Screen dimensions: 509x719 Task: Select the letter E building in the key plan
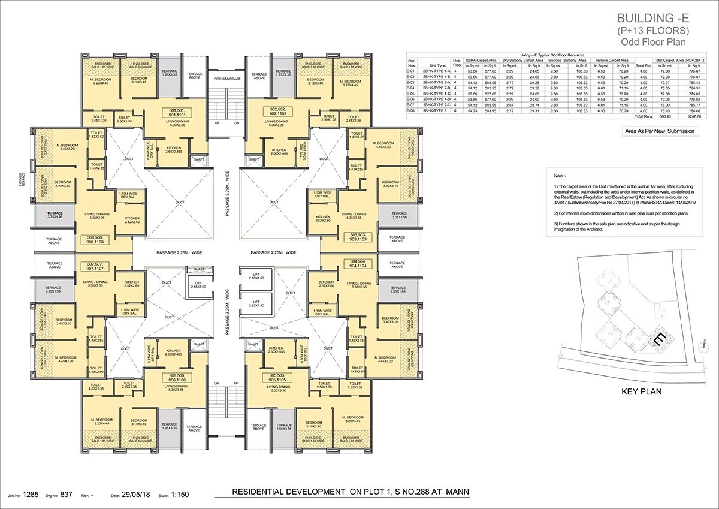(659, 338)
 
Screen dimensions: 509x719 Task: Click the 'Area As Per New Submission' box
(660, 131)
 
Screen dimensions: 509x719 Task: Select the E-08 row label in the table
(411, 111)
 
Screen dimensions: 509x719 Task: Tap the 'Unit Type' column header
(437, 65)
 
